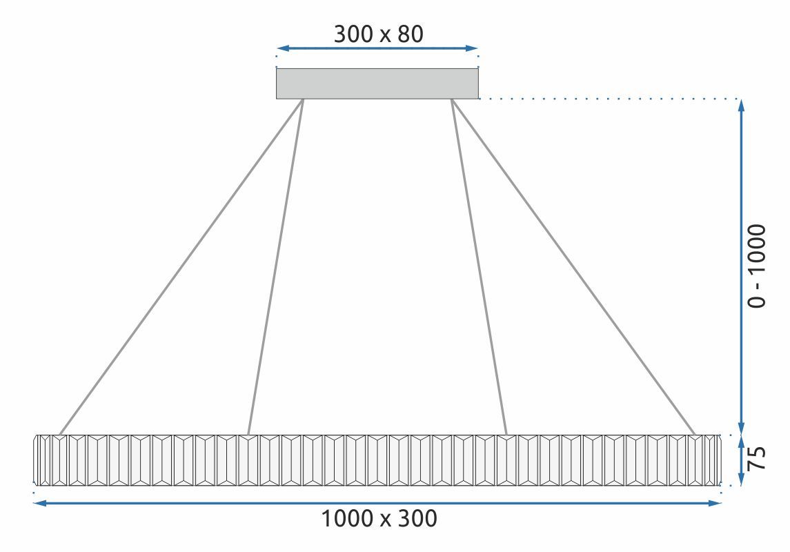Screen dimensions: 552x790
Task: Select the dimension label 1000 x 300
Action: point(379,518)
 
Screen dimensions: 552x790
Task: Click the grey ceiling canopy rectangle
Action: point(377,83)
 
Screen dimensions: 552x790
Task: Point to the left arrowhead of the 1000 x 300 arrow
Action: point(39,504)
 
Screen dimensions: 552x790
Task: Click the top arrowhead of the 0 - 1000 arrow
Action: point(742,105)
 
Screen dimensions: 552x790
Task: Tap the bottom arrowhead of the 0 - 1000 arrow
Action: point(742,428)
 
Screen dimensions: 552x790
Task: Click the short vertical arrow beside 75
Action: point(742,460)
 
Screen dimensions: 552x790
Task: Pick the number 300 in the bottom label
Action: point(417,518)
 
